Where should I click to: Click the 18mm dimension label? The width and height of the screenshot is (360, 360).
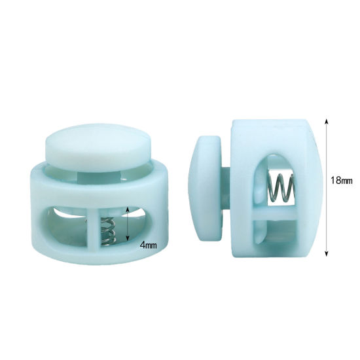[x=342, y=180]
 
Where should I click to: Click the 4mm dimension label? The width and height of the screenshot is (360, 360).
[x=149, y=245]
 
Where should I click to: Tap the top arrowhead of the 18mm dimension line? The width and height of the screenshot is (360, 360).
[x=326, y=122]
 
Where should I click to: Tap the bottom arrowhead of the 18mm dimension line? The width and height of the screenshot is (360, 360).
[x=326, y=253]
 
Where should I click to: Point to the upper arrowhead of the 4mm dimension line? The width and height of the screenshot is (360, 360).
[x=128, y=209]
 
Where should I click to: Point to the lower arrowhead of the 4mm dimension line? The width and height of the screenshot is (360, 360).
[x=128, y=238]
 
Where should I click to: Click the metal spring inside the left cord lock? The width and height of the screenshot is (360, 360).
[x=107, y=232]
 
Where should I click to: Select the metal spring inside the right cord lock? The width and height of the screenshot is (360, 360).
[x=282, y=188]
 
